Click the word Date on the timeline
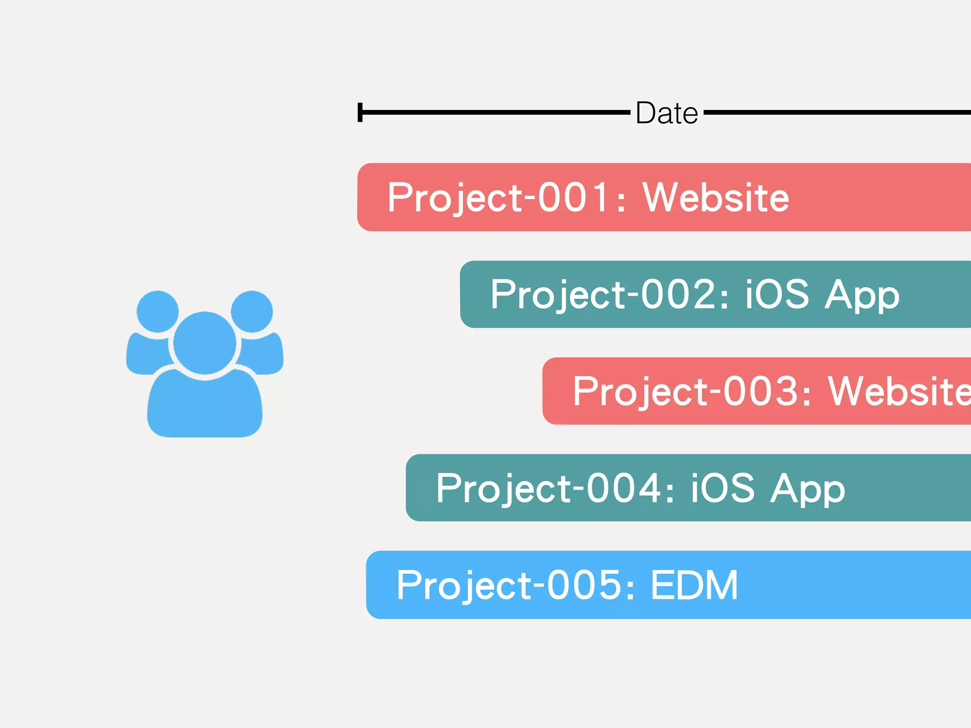[667, 113]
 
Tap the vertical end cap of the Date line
[360, 112]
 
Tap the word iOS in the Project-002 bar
[777, 294]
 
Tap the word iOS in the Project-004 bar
[722, 488]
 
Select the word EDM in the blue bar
[694, 585]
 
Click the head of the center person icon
[204, 343]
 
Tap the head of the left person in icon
[157, 311]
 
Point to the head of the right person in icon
[252, 311]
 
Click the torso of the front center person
[204, 408]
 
